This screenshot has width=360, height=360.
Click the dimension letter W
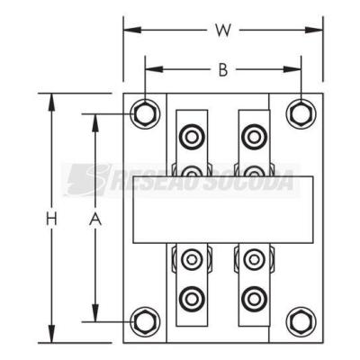point(223,30)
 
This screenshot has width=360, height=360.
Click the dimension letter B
point(223,70)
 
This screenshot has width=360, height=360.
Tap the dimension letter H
point(51,218)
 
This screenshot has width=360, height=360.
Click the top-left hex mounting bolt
point(145,114)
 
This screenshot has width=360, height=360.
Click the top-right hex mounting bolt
point(301,114)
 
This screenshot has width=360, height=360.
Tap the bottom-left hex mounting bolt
point(145,322)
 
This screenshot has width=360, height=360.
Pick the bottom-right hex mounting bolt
point(301,322)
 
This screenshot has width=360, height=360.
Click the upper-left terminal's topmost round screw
point(192,138)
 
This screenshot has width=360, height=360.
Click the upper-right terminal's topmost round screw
point(255,138)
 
